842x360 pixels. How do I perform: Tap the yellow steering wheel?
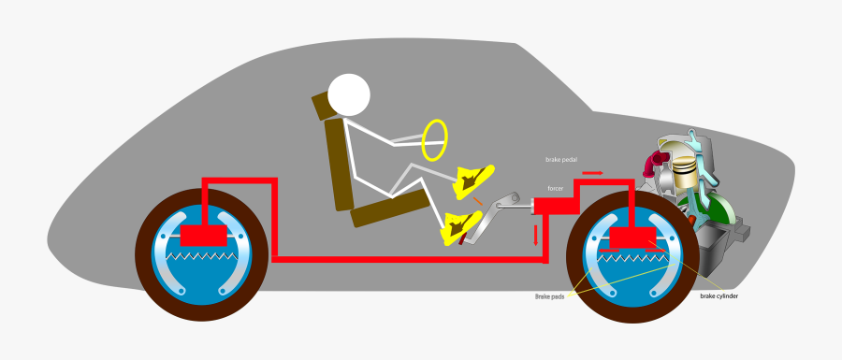pyautogui.click(x=434, y=139)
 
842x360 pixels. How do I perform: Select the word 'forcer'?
pyautogui.click(x=555, y=188)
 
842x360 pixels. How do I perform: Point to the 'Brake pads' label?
pyautogui.click(x=548, y=296)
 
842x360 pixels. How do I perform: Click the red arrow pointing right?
pyautogui.click(x=592, y=173)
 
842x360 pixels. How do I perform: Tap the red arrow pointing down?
pyautogui.click(x=536, y=234)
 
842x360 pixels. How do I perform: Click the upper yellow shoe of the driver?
pyautogui.click(x=473, y=179)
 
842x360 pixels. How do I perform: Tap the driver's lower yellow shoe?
pyautogui.click(x=462, y=225)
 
